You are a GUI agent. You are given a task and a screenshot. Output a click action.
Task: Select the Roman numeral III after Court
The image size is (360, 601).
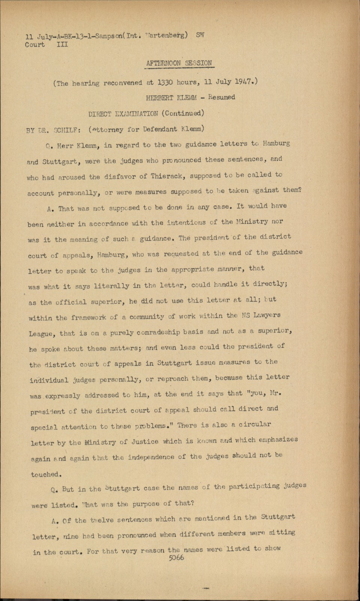point(62,45)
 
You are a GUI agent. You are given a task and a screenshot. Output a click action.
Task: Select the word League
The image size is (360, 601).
point(42,334)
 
